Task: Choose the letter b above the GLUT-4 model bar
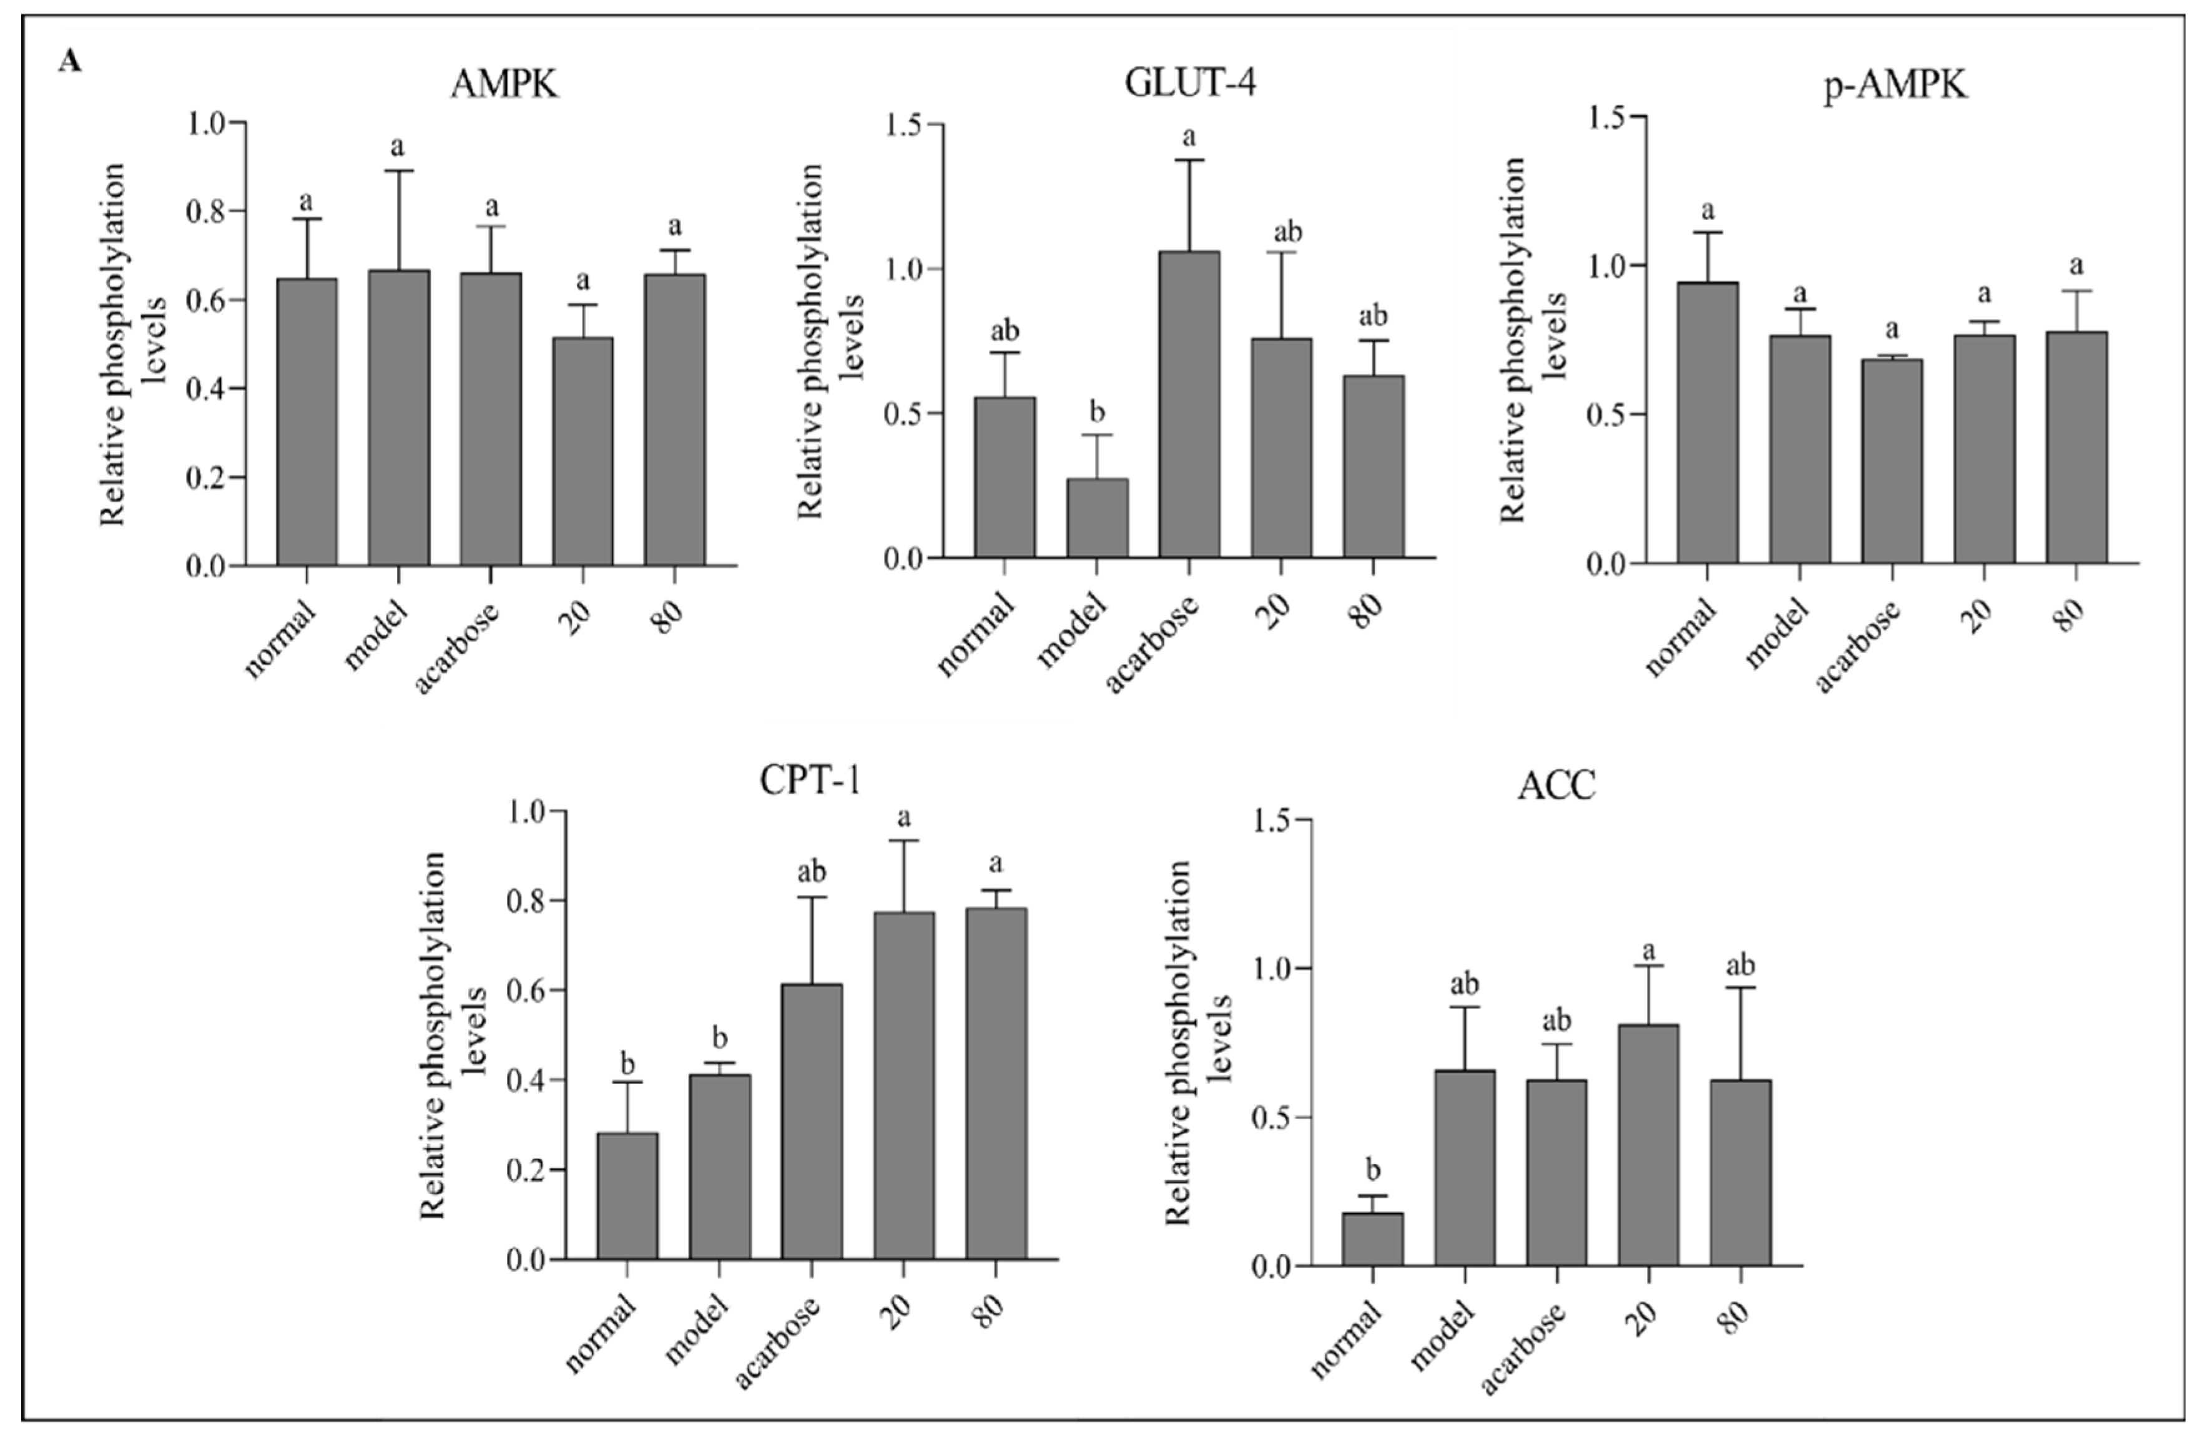1097,412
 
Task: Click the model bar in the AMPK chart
399,417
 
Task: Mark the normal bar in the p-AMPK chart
1707,422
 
